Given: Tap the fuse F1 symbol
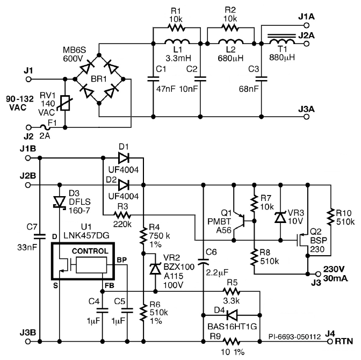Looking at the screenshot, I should pyautogui.click(x=53, y=128).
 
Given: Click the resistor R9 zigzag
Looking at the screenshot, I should pyautogui.click(x=232, y=341).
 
